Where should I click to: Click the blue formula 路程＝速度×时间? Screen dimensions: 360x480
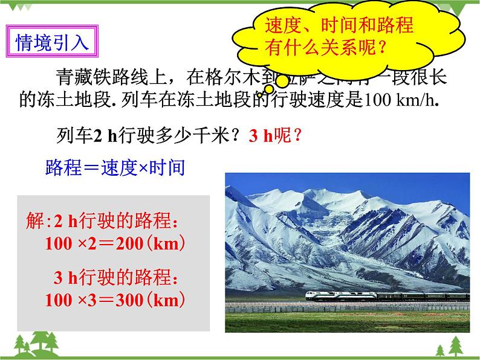115,168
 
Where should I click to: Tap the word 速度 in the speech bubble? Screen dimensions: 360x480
282,25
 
